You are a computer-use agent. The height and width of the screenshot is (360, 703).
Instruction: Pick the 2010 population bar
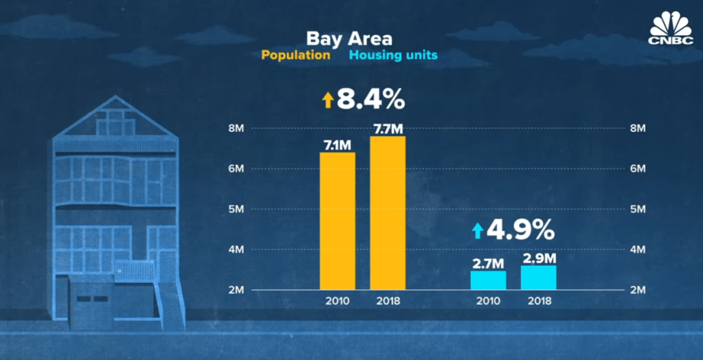click(337, 220)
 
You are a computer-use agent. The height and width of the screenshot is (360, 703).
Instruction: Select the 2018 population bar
click(388, 212)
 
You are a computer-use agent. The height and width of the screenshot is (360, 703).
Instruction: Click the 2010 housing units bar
click(488, 280)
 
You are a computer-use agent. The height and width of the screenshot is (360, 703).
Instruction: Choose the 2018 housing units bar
click(538, 277)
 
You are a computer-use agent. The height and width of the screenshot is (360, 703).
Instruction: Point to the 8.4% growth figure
click(371, 100)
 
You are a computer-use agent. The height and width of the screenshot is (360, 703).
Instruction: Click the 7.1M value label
click(337, 144)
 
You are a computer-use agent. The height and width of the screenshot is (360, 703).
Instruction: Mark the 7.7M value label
click(388, 128)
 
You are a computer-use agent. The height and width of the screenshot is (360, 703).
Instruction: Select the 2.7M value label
click(488, 262)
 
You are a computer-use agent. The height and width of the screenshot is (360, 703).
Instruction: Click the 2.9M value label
click(538, 258)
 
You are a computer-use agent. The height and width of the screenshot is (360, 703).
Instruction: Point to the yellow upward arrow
click(327, 101)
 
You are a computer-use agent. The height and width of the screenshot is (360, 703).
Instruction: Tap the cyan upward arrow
click(477, 230)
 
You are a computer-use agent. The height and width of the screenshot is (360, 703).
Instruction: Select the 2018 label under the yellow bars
click(388, 301)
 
